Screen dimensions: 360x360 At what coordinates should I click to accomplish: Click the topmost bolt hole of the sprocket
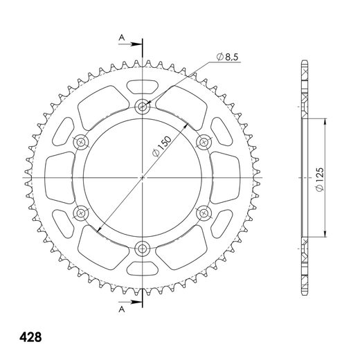click(143, 106)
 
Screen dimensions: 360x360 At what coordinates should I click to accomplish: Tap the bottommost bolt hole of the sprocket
click(143, 248)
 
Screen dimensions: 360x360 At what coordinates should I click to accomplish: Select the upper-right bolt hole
click(204, 141)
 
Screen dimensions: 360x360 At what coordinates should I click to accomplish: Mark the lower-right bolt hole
click(204, 213)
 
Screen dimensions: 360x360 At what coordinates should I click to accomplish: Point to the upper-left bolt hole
click(82, 141)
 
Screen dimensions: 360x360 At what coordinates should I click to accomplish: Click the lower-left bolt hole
click(82, 213)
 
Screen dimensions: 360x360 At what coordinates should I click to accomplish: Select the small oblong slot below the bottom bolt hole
click(143, 268)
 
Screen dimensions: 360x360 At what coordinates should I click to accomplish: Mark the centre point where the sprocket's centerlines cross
click(143, 177)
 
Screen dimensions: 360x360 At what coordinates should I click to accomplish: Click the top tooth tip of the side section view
click(304, 64)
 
